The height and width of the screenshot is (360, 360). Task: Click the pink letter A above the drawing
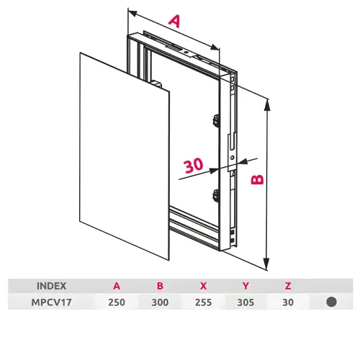click(x=174, y=21)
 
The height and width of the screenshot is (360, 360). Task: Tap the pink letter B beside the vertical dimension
click(x=257, y=179)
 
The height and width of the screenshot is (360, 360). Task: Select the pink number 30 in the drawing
click(x=194, y=165)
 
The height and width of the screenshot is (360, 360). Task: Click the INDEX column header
click(x=52, y=286)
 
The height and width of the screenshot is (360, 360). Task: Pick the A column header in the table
click(x=117, y=286)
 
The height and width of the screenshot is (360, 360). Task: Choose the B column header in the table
click(x=160, y=286)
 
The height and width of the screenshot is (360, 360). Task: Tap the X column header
click(x=203, y=286)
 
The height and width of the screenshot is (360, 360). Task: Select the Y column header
click(x=246, y=286)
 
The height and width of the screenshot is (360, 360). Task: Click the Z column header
click(x=288, y=286)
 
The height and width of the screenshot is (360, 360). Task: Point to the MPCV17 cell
click(x=52, y=302)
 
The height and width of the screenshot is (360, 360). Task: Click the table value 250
click(x=117, y=302)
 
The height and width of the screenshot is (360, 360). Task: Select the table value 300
click(x=160, y=302)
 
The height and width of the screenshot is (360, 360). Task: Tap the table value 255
click(x=203, y=302)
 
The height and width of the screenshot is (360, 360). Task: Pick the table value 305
click(x=246, y=302)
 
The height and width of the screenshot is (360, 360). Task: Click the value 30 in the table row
click(x=288, y=302)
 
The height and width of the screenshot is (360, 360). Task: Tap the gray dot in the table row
click(x=331, y=302)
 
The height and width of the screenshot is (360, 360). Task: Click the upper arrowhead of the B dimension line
click(x=266, y=105)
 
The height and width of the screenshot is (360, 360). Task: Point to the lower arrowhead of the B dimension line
click(x=266, y=264)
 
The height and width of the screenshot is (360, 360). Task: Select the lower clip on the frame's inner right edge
click(x=216, y=195)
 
